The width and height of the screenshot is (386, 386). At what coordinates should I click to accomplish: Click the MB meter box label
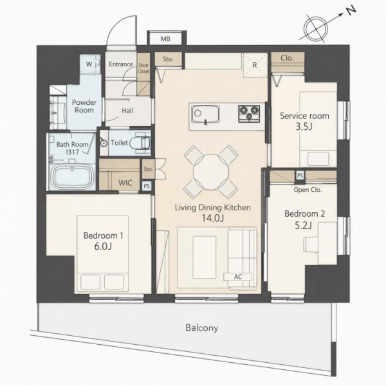click(x=165, y=39)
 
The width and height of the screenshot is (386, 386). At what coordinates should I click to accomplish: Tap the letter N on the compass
click(x=351, y=10)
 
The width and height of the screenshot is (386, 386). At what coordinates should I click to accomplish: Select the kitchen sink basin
click(x=205, y=114)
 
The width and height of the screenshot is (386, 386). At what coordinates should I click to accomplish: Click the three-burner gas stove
click(x=249, y=113)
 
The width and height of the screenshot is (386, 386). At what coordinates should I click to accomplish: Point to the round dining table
click(x=211, y=172)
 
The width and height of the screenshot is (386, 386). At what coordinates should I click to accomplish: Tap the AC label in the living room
click(x=238, y=277)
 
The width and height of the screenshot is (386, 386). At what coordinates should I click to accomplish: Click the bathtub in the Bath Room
click(x=73, y=176)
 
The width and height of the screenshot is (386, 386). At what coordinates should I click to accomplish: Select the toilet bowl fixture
click(x=140, y=143)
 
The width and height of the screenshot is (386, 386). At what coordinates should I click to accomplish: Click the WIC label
click(x=125, y=183)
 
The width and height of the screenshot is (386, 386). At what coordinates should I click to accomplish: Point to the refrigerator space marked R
click(x=255, y=65)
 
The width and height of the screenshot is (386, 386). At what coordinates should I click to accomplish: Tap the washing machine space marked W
click(x=89, y=64)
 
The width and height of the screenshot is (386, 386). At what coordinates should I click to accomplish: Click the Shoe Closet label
click(x=143, y=68)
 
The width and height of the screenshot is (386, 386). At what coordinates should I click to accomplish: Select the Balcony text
click(x=202, y=328)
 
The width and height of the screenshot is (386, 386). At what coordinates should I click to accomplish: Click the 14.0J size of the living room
click(x=213, y=218)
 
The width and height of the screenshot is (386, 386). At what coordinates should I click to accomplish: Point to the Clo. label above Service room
click(x=287, y=58)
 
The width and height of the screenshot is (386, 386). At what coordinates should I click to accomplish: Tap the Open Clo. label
click(x=308, y=190)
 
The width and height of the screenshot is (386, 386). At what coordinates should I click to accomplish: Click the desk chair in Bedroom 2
click(x=311, y=244)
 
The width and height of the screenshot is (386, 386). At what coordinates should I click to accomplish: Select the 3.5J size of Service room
click(x=304, y=127)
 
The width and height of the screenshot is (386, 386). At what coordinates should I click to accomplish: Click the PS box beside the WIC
click(x=147, y=186)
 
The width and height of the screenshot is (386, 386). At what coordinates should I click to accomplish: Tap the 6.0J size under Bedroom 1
click(x=103, y=246)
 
